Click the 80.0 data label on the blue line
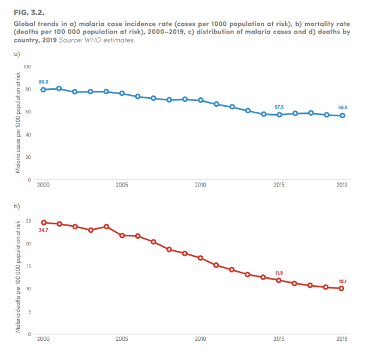tap(43, 81)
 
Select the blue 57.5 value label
tap(279, 107)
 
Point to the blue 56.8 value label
tap(342, 107)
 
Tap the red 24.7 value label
tap(43, 230)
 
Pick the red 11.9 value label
tap(279, 273)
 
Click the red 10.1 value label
tap(342, 281)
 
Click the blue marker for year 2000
tap(43, 89)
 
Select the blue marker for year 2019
tap(342, 115)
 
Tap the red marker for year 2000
tap(43, 223)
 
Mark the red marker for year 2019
tap(342, 288)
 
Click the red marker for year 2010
tap(200, 258)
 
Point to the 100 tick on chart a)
tap(27, 66)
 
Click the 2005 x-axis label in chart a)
tap(122, 185)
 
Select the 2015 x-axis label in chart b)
tap(279, 339)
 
